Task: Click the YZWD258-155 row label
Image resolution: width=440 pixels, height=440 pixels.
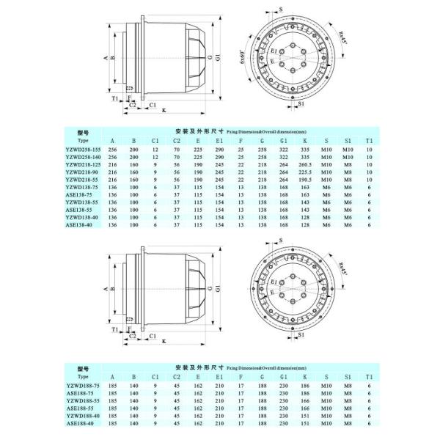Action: tap(82, 149)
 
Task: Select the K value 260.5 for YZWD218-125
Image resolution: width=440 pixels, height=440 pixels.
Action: tap(307, 166)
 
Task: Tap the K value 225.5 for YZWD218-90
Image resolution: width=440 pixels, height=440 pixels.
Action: tap(307, 174)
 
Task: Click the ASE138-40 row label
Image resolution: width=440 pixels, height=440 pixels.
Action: tap(78, 226)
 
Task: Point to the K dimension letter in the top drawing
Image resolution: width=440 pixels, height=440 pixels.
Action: tap(163, 110)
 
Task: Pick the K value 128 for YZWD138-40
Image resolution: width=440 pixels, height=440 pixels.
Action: tap(307, 217)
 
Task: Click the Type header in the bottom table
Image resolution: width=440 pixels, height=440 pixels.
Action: tap(82, 376)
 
